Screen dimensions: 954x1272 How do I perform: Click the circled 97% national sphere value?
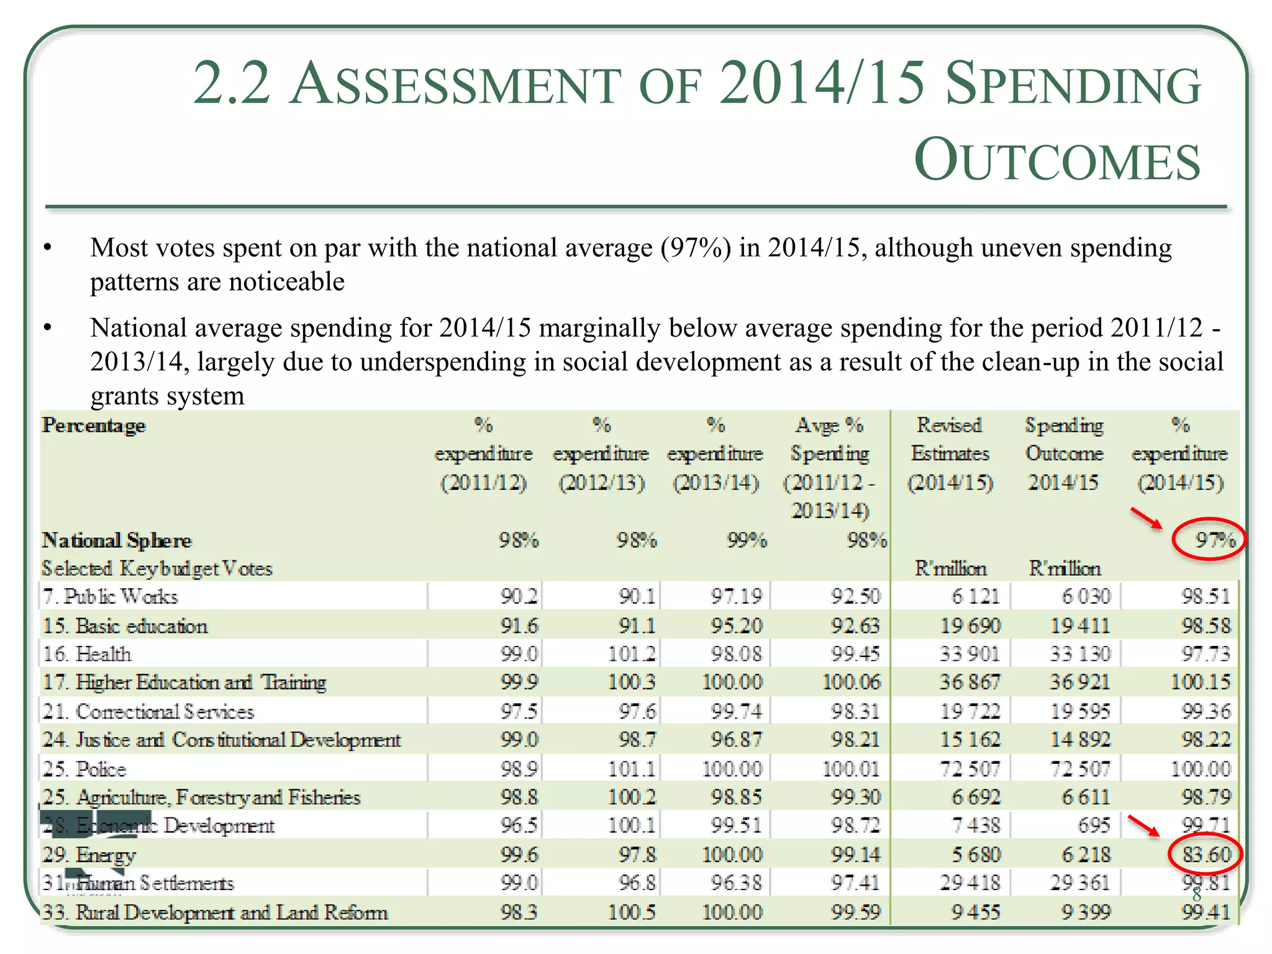tap(1214, 540)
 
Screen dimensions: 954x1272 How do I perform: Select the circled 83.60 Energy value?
tap(1206, 855)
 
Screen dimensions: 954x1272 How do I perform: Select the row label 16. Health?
tap(87, 654)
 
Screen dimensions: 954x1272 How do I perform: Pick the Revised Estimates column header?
tap(950, 453)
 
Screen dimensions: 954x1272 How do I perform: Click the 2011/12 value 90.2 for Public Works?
tap(519, 597)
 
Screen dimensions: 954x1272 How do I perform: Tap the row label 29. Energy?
tap(89, 855)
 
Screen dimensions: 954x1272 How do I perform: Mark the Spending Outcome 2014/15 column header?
tap(1064, 453)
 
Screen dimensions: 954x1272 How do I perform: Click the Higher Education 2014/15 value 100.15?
tap(1200, 683)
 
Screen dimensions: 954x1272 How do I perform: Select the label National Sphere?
tap(117, 540)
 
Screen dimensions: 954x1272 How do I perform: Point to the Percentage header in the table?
tap(94, 425)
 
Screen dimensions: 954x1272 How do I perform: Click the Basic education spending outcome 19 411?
tap(1079, 625)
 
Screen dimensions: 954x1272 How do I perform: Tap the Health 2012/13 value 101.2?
tap(632, 654)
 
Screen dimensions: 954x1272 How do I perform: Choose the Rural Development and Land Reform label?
tap(215, 912)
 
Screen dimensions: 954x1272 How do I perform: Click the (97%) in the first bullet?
tap(696, 248)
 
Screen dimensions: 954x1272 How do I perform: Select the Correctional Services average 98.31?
tap(855, 711)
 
